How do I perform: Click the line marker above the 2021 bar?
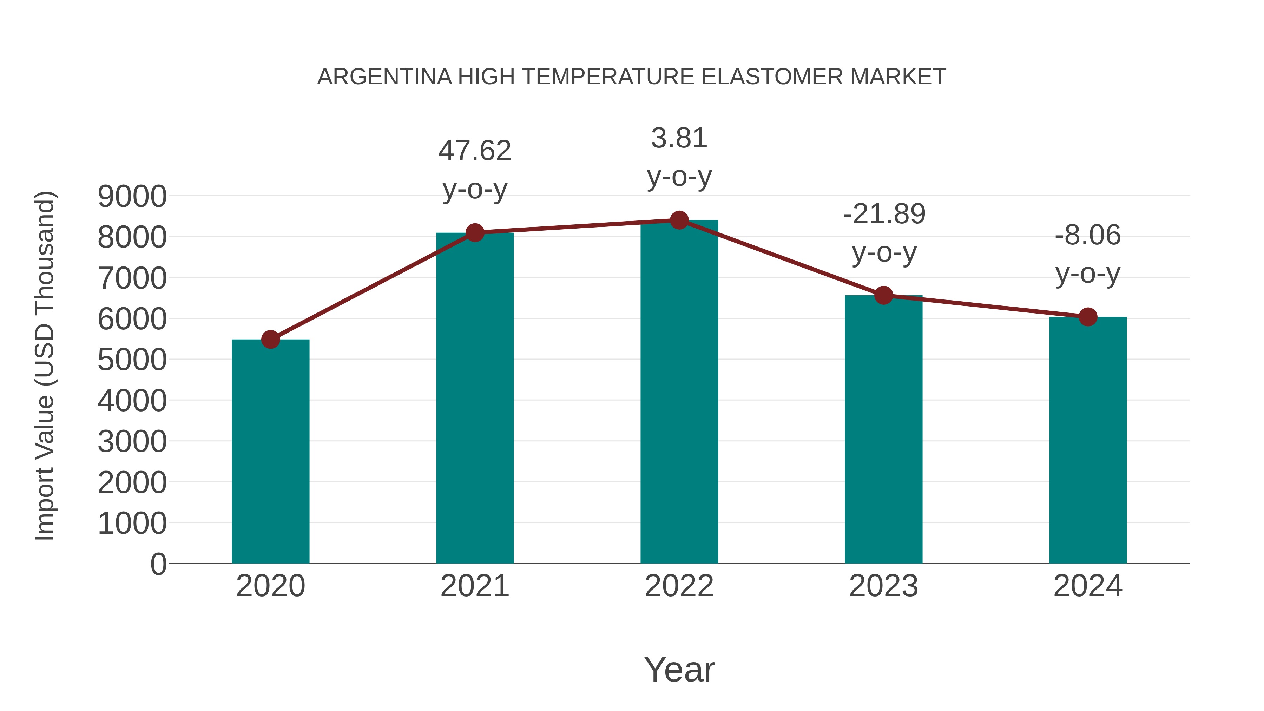475,232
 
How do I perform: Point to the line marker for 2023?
883,295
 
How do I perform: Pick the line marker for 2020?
270,339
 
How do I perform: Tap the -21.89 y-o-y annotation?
884,233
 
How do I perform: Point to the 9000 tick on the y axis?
132,197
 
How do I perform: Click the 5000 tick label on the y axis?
132,360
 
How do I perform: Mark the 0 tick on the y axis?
158,564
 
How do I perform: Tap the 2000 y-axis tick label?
132,483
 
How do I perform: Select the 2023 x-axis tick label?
883,586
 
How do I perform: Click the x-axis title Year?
679,669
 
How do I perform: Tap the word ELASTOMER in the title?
772,77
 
